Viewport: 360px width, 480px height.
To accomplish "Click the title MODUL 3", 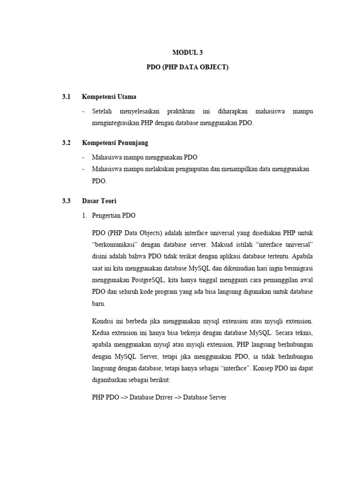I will (187, 53).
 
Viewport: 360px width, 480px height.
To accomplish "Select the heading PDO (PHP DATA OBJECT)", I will (187, 67).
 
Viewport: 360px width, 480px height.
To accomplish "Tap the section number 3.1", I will (66, 97).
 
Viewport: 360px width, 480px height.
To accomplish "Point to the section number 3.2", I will (66, 142).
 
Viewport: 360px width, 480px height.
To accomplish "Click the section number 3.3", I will (66, 201).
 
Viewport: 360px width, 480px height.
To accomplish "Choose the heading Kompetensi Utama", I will (109, 97).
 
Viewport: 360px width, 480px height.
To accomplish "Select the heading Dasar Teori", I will (99, 201).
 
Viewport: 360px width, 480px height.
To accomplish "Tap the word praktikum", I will (181, 112).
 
